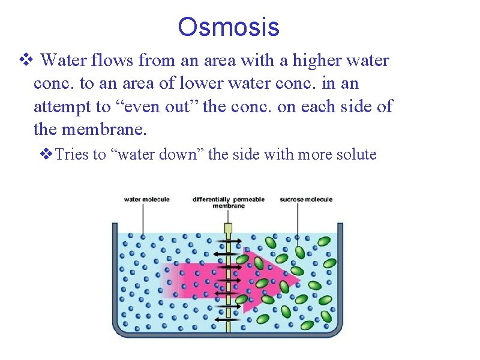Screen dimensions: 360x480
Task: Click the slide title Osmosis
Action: pos(229,27)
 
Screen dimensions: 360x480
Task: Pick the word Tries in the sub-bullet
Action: pos(72,155)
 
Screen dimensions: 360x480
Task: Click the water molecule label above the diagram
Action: pos(147,199)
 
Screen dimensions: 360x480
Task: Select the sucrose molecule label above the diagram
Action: pos(306,199)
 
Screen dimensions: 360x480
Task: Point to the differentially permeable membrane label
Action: pos(228,202)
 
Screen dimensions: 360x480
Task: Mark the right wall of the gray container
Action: pos(340,276)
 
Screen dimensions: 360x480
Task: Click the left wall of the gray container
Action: pos(115,276)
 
